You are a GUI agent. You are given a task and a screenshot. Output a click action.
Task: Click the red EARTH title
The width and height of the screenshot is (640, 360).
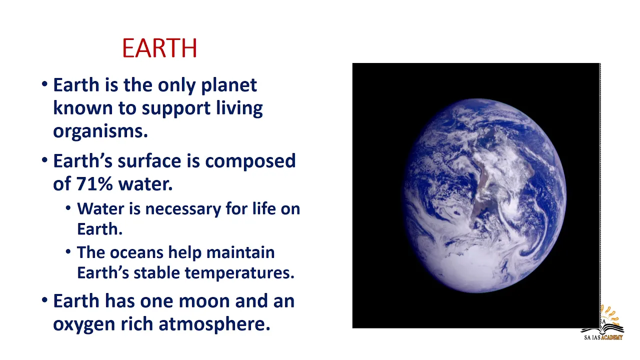(x=159, y=48)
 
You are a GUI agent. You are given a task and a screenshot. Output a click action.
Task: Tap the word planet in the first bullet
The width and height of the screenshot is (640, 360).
(x=229, y=85)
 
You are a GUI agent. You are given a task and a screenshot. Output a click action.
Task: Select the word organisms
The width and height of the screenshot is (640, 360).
(x=100, y=131)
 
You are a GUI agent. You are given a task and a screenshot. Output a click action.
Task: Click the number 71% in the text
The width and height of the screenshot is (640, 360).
(x=94, y=183)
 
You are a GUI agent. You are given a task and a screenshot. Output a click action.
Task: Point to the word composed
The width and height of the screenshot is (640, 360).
(x=250, y=161)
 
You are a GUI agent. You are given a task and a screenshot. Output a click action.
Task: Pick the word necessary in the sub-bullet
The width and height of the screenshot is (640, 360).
(x=183, y=209)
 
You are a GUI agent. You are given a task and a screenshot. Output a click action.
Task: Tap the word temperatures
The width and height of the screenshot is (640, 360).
(x=239, y=273)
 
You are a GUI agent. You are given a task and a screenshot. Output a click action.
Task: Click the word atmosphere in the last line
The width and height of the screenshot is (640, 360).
(x=214, y=324)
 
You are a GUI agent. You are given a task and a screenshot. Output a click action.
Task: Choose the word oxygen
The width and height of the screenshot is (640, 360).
(x=84, y=325)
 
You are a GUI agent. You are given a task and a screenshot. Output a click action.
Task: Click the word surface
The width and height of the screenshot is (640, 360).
(x=149, y=161)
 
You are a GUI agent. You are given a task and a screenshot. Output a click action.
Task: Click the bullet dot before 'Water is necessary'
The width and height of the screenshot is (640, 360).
(x=68, y=207)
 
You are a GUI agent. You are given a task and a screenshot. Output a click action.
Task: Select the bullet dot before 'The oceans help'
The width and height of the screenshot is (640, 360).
(x=68, y=251)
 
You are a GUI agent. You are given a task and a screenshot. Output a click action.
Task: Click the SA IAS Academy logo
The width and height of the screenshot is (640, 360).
(x=602, y=323)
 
